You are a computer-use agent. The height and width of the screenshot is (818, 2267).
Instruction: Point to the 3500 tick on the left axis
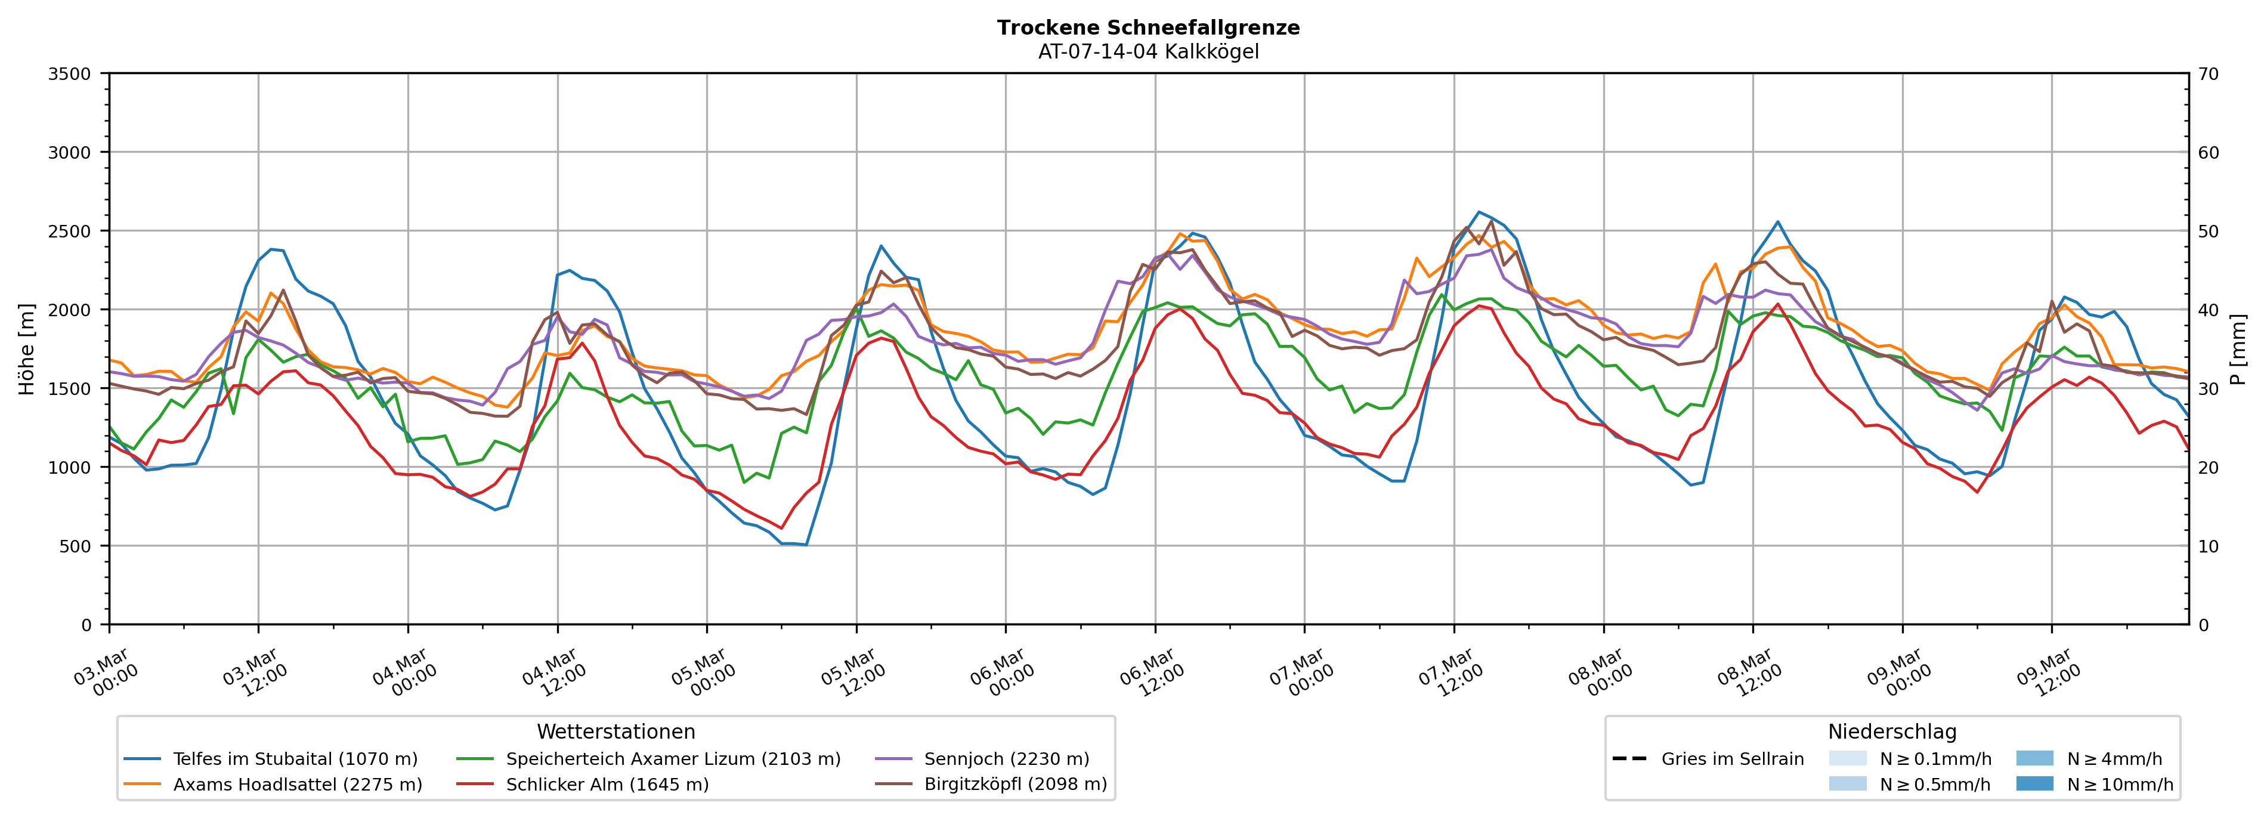tap(70, 74)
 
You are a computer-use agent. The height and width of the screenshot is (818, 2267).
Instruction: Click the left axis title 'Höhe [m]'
tap(26, 348)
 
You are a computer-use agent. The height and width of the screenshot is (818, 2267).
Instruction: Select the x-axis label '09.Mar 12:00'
tap(2049, 674)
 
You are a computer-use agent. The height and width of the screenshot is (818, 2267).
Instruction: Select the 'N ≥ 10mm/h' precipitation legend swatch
tap(2034, 783)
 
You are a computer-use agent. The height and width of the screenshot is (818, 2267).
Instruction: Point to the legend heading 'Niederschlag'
tap(1892, 731)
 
